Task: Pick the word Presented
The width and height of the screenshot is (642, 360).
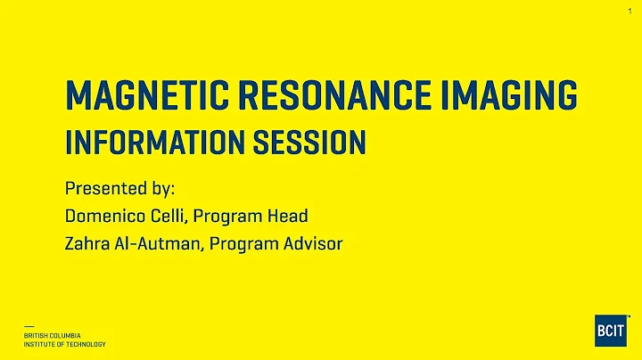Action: point(101,189)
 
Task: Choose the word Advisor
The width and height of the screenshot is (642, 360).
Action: point(314,243)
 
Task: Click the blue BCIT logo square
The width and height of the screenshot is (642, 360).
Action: point(611,330)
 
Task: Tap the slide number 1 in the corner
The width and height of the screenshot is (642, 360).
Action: point(630,11)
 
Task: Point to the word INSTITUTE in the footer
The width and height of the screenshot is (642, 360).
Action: point(41,344)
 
